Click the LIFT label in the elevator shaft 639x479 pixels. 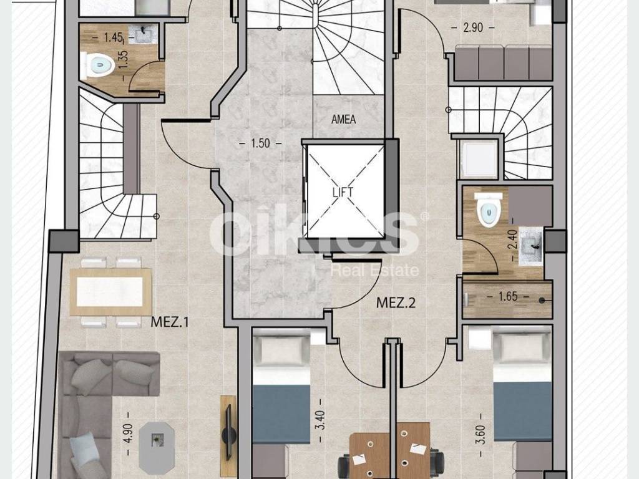[x=343, y=192]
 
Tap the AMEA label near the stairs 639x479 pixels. [x=344, y=119]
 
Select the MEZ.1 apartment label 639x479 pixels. [x=170, y=322]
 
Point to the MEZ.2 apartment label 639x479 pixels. [x=396, y=302]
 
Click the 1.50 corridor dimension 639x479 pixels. [x=260, y=143]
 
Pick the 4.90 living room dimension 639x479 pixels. [x=128, y=433]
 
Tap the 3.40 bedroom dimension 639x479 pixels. [x=321, y=420]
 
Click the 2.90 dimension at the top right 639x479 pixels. [x=473, y=27]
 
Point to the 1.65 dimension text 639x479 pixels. [x=508, y=296]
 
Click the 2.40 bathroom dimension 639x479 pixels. [x=512, y=240]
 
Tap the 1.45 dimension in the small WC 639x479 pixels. [x=114, y=37]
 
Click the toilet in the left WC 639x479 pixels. [x=97, y=65]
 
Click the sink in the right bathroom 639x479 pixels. [x=531, y=246]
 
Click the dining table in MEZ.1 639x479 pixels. [x=110, y=292]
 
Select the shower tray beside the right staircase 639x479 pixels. [x=479, y=159]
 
